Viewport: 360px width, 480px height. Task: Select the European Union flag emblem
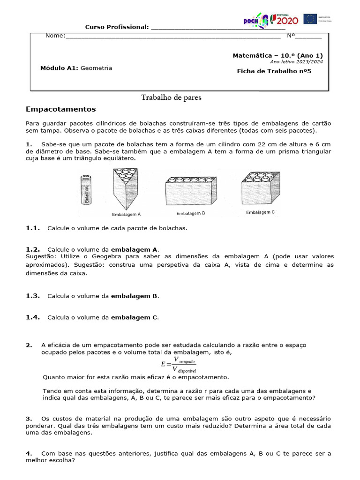coord(310,19)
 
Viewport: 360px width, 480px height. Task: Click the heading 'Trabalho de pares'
coord(172,97)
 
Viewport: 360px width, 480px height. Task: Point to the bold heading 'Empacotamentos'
coord(61,109)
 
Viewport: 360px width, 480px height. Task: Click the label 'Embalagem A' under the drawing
coord(127,214)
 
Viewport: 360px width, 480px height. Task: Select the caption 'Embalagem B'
coord(191,213)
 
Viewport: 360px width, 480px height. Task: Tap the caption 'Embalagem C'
coord(260,212)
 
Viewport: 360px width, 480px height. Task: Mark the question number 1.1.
coord(33,228)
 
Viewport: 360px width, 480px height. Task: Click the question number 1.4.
coord(33,317)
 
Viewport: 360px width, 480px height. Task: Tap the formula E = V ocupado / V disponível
coord(179,364)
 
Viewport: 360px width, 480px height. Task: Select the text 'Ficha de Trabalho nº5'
coord(274,71)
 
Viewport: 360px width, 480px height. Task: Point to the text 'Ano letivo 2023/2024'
coord(296,62)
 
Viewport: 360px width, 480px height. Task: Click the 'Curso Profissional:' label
coord(116,27)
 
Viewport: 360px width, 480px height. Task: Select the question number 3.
coord(29,418)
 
